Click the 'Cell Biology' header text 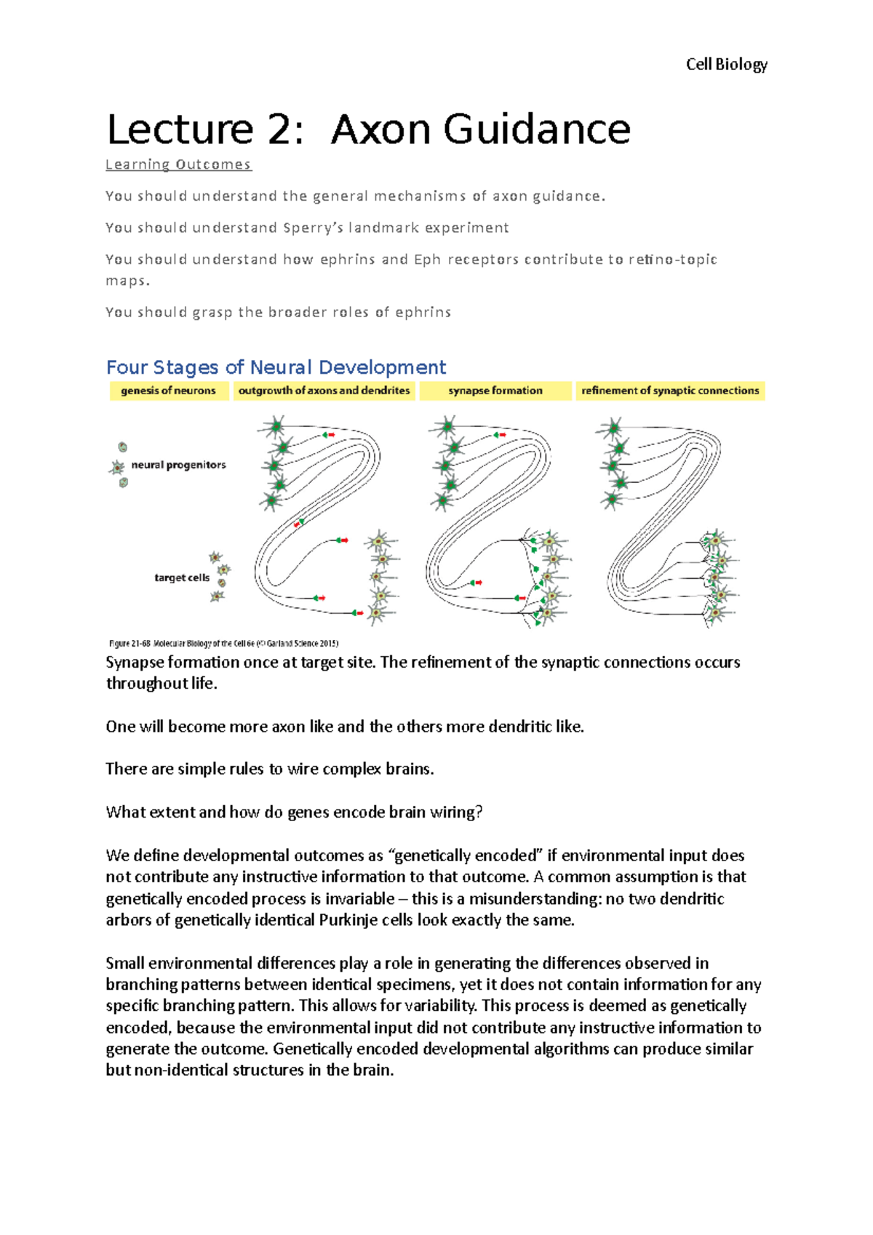pyautogui.click(x=726, y=65)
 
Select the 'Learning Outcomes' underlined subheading pyautogui.click(x=178, y=165)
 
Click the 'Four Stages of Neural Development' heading pyautogui.click(x=276, y=367)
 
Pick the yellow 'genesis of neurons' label pyautogui.click(x=168, y=391)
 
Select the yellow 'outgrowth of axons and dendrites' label pyautogui.click(x=324, y=391)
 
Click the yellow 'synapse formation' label pyautogui.click(x=495, y=391)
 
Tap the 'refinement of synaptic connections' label pyautogui.click(x=670, y=391)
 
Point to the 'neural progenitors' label pyautogui.click(x=178, y=465)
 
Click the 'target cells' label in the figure pyautogui.click(x=182, y=577)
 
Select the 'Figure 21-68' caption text pyautogui.click(x=129, y=643)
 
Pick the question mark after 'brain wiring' pyautogui.click(x=479, y=812)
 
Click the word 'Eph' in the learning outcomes pyautogui.click(x=427, y=260)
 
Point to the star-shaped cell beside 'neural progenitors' pyautogui.click(x=117, y=467)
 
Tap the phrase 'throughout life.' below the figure pyautogui.click(x=162, y=684)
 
